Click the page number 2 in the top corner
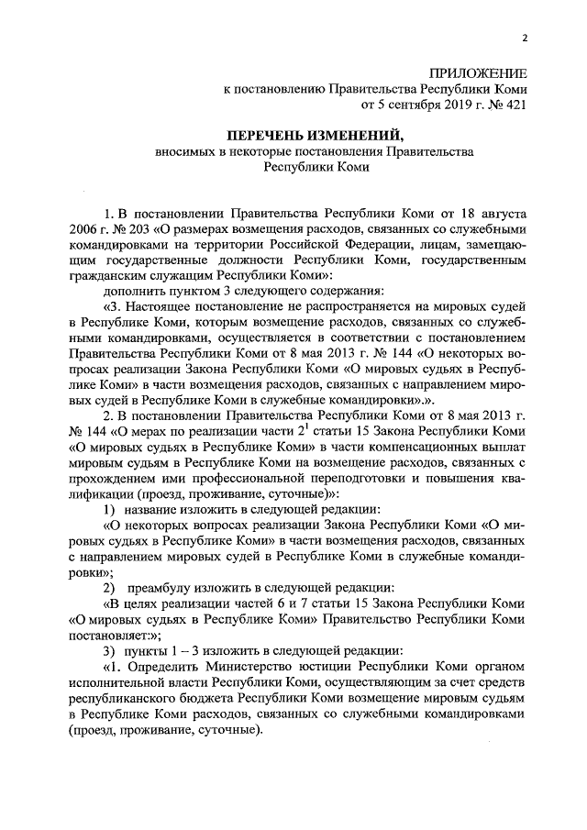coord(524,38)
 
